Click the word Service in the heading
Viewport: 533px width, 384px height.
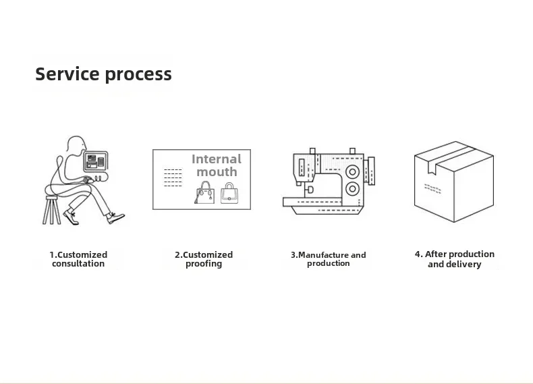point(67,74)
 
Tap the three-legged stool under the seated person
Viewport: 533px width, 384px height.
point(51,210)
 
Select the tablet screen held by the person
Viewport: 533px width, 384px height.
point(96,161)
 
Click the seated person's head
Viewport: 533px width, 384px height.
point(76,144)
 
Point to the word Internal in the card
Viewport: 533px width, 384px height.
point(217,159)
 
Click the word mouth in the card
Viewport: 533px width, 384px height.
point(217,172)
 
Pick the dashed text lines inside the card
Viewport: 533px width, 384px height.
point(173,177)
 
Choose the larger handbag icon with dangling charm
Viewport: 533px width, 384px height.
point(204,193)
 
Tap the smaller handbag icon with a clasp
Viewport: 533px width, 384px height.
point(229,194)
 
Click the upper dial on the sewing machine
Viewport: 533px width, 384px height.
point(352,172)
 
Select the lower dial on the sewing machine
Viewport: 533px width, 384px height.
point(352,188)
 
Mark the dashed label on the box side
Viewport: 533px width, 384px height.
point(432,188)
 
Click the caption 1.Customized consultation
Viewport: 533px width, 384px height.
point(78,259)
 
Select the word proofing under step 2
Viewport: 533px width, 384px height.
point(204,264)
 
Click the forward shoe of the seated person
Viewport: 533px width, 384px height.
point(115,218)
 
